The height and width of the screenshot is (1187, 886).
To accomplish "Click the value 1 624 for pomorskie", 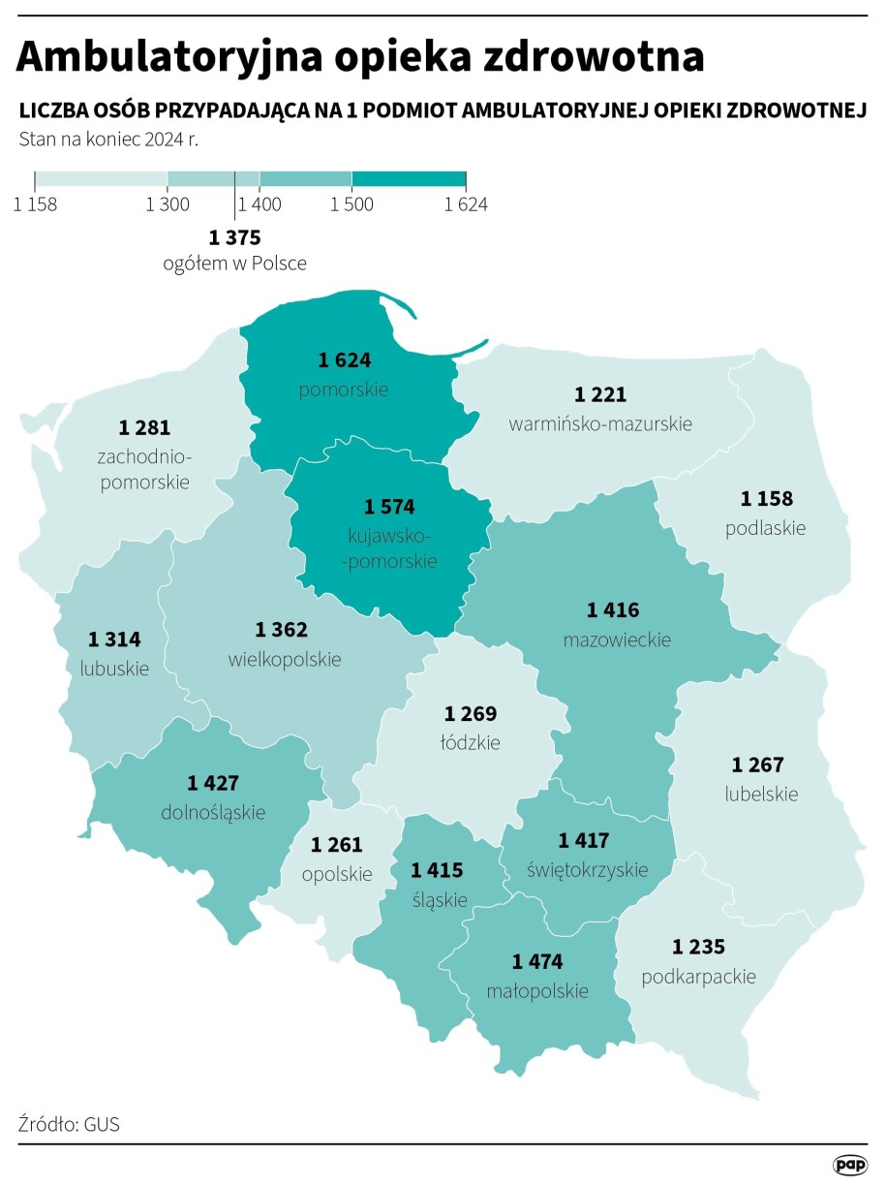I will pos(344,360).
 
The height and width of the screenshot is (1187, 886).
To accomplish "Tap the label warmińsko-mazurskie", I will pos(600,423).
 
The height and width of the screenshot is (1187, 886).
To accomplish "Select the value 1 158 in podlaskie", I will pos(766,499).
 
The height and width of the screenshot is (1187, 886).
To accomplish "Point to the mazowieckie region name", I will pos(617,640).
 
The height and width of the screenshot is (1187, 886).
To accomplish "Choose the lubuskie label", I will pos(114,668).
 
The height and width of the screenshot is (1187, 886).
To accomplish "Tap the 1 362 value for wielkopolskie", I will pos(282,630).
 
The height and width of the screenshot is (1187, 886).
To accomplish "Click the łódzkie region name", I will pos(471,742).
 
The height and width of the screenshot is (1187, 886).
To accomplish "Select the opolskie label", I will pos(336,873).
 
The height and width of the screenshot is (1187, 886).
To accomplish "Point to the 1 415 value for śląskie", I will pos(437,870).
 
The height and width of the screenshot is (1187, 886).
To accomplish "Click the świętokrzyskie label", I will pos(587,869).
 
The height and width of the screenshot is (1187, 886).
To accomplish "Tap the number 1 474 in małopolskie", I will pos(536,961).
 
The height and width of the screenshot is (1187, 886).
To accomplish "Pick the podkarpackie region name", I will pos(698,976).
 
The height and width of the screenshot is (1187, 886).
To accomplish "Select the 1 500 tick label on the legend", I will pos(351,204).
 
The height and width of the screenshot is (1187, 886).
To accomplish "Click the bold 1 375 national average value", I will pos(235,237).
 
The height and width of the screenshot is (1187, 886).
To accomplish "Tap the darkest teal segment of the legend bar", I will pos(409,180).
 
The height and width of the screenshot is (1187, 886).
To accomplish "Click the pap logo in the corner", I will pos(849,1164).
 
